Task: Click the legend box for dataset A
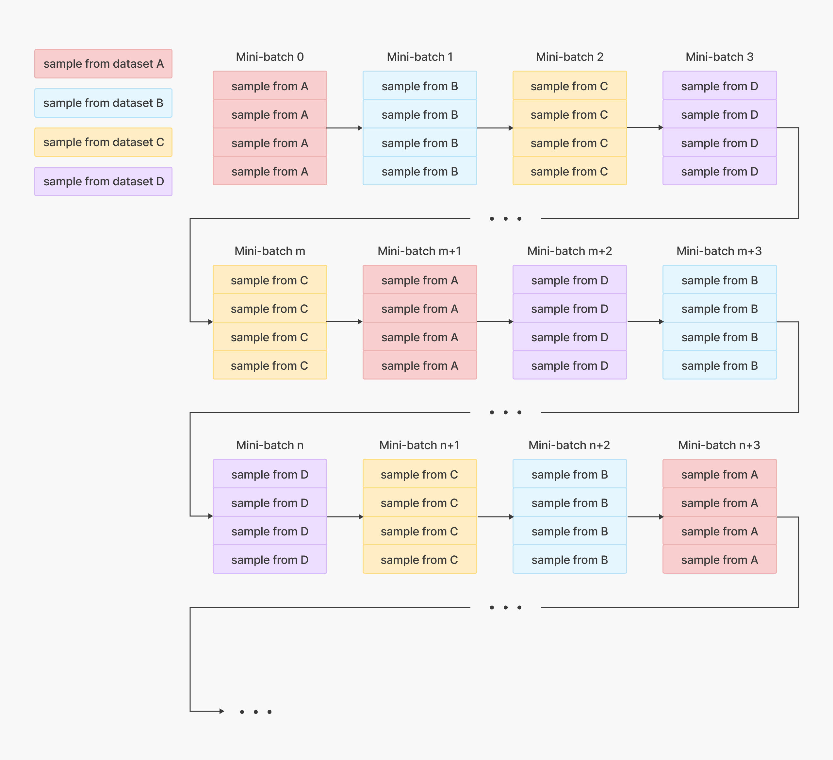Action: point(103,64)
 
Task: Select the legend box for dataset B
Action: point(103,103)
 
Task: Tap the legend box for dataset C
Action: point(103,142)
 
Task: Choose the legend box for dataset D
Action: point(103,181)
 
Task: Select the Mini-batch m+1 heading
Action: point(419,251)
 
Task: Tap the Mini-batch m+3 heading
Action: point(719,251)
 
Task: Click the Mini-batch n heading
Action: point(270,445)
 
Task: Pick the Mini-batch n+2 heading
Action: point(569,445)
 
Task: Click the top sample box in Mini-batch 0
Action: point(270,86)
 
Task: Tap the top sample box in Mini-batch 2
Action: point(570,86)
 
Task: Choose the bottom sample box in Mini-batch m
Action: point(270,365)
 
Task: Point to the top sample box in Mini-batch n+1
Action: point(420,474)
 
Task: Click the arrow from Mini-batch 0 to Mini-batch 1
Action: point(345,128)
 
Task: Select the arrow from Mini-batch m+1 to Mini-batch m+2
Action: point(495,322)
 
